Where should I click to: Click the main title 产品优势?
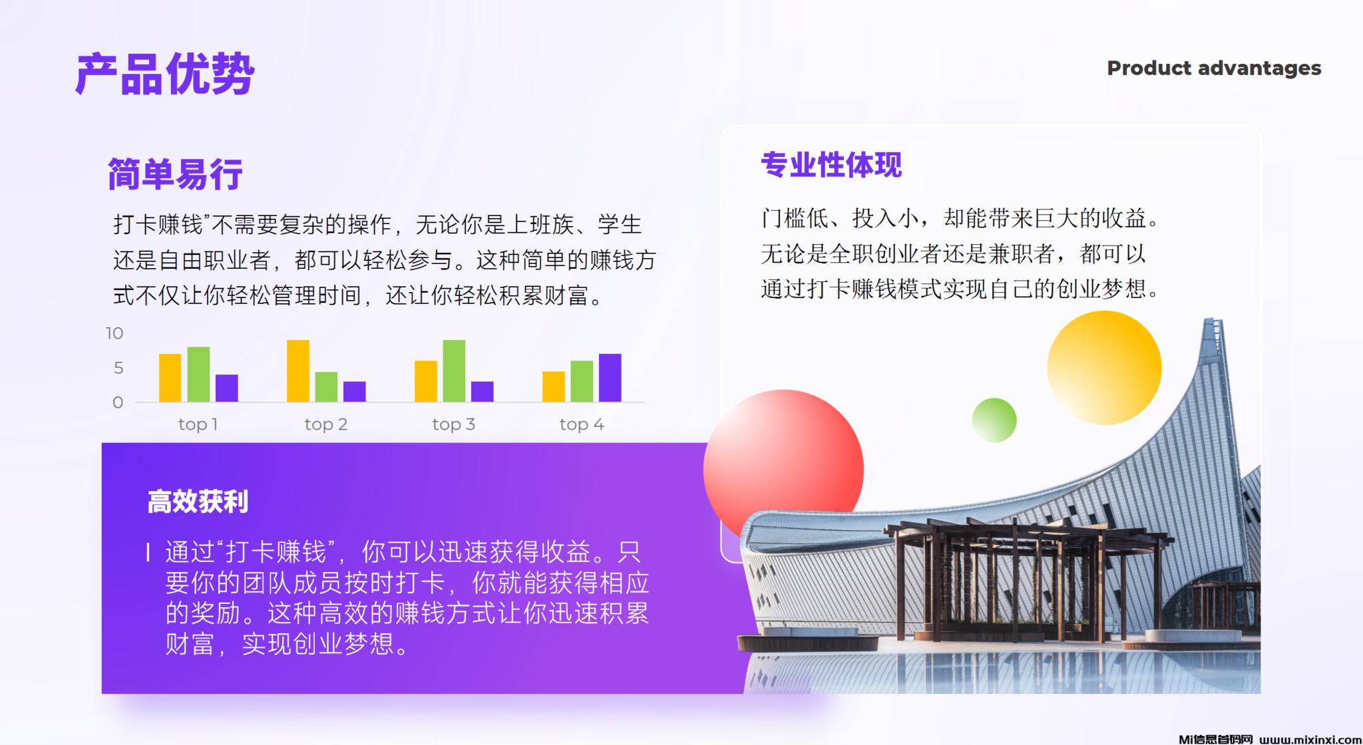pos(165,74)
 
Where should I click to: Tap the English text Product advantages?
pos(1214,69)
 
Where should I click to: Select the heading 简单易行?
pos(175,174)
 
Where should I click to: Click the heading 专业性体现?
pos(831,164)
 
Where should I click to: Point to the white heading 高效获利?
pos(198,502)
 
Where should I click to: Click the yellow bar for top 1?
pos(170,378)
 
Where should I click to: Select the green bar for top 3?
pos(454,371)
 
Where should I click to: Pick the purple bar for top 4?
pos(610,378)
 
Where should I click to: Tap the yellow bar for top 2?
pos(297,371)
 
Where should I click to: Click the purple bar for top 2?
pos(354,391)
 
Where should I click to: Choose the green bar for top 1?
pos(198,374)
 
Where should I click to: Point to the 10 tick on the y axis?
pos(114,333)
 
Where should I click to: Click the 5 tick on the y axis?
pos(118,368)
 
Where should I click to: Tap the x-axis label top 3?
pos(453,424)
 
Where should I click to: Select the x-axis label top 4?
pos(582,424)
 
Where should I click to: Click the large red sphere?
pos(783,470)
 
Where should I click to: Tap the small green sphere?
pos(994,420)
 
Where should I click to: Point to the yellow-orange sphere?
pos(1104,368)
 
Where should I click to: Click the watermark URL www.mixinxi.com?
pos(1310,739)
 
